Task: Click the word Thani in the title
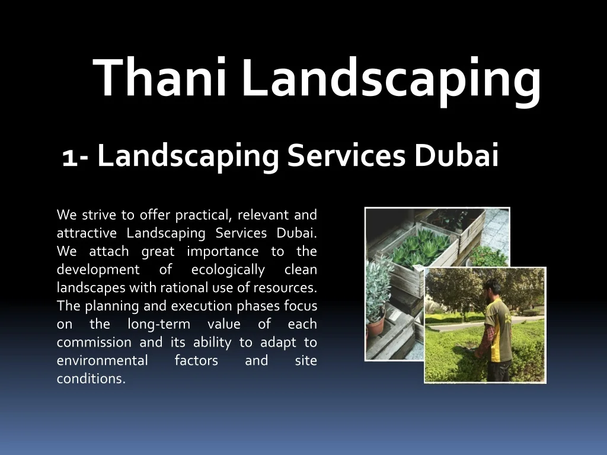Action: pyautogui.click(x=159, y=76)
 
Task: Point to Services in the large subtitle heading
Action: pyautogui.click(x=346, y=156)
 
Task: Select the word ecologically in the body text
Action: pyautogui.click(x=228, y=270)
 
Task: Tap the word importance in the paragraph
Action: pyautogui.click(x=223, y=252)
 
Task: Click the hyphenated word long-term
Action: pyautogui.click(x=159, y=325)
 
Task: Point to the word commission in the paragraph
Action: pyautogui.click(x=94, y=342)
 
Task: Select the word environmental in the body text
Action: pyautogui.click(x=102, y=360)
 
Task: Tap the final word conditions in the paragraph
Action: pyautogui.click(x=91, y=379)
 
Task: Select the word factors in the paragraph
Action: pyautogui.click(x=196, y=360)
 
